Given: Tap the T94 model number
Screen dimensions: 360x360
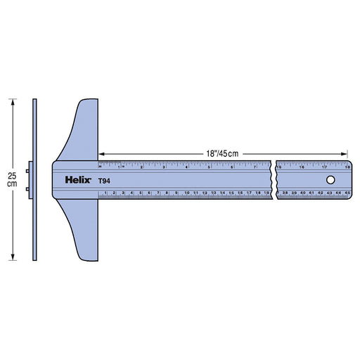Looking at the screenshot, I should click(103, 181).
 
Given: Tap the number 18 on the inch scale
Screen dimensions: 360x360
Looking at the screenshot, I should click(347, 167).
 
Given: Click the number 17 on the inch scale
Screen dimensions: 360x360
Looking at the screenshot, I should click(324, 167).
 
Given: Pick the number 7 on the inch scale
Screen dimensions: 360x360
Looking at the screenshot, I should click(253, 167).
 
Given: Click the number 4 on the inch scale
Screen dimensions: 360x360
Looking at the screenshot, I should click(186, 167).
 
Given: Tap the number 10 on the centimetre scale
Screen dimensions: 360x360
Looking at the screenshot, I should click(186, 192).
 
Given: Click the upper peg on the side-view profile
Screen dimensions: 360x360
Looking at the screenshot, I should click(29, 169).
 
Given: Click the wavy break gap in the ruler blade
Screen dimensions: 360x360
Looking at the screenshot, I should click(274, 180).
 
